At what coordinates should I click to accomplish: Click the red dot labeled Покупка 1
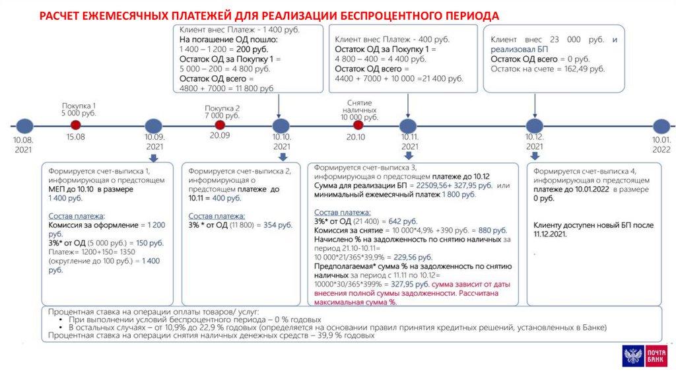76,125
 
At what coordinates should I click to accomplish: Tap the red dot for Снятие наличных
358,125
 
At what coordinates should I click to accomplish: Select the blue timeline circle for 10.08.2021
24,125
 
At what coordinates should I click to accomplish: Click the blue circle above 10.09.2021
153,125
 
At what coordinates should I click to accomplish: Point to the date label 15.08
76,137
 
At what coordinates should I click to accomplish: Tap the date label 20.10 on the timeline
356,137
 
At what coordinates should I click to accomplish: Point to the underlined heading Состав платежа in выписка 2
216,215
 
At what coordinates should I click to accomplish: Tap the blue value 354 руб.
277,225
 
